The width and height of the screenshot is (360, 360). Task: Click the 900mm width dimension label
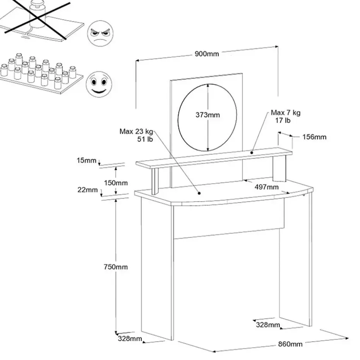point(207,54)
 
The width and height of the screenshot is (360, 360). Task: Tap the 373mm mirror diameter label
point(207,115)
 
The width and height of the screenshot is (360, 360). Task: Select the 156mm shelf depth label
point(314,137)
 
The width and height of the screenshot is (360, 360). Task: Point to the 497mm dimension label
point(266,187)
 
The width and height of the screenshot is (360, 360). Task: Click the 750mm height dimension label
point(115,267)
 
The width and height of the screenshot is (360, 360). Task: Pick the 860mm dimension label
point(290,344)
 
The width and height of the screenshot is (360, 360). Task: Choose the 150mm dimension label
point(116,182)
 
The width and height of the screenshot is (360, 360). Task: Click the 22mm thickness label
point(87,190)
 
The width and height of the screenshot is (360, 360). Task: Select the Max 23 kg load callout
point(136,135)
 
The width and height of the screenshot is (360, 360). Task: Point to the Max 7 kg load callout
point(285,116)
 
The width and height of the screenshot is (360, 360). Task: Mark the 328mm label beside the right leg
point(268,325)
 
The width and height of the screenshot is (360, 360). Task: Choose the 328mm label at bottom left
point(130,339)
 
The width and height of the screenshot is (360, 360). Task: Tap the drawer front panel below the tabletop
point(228,220)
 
